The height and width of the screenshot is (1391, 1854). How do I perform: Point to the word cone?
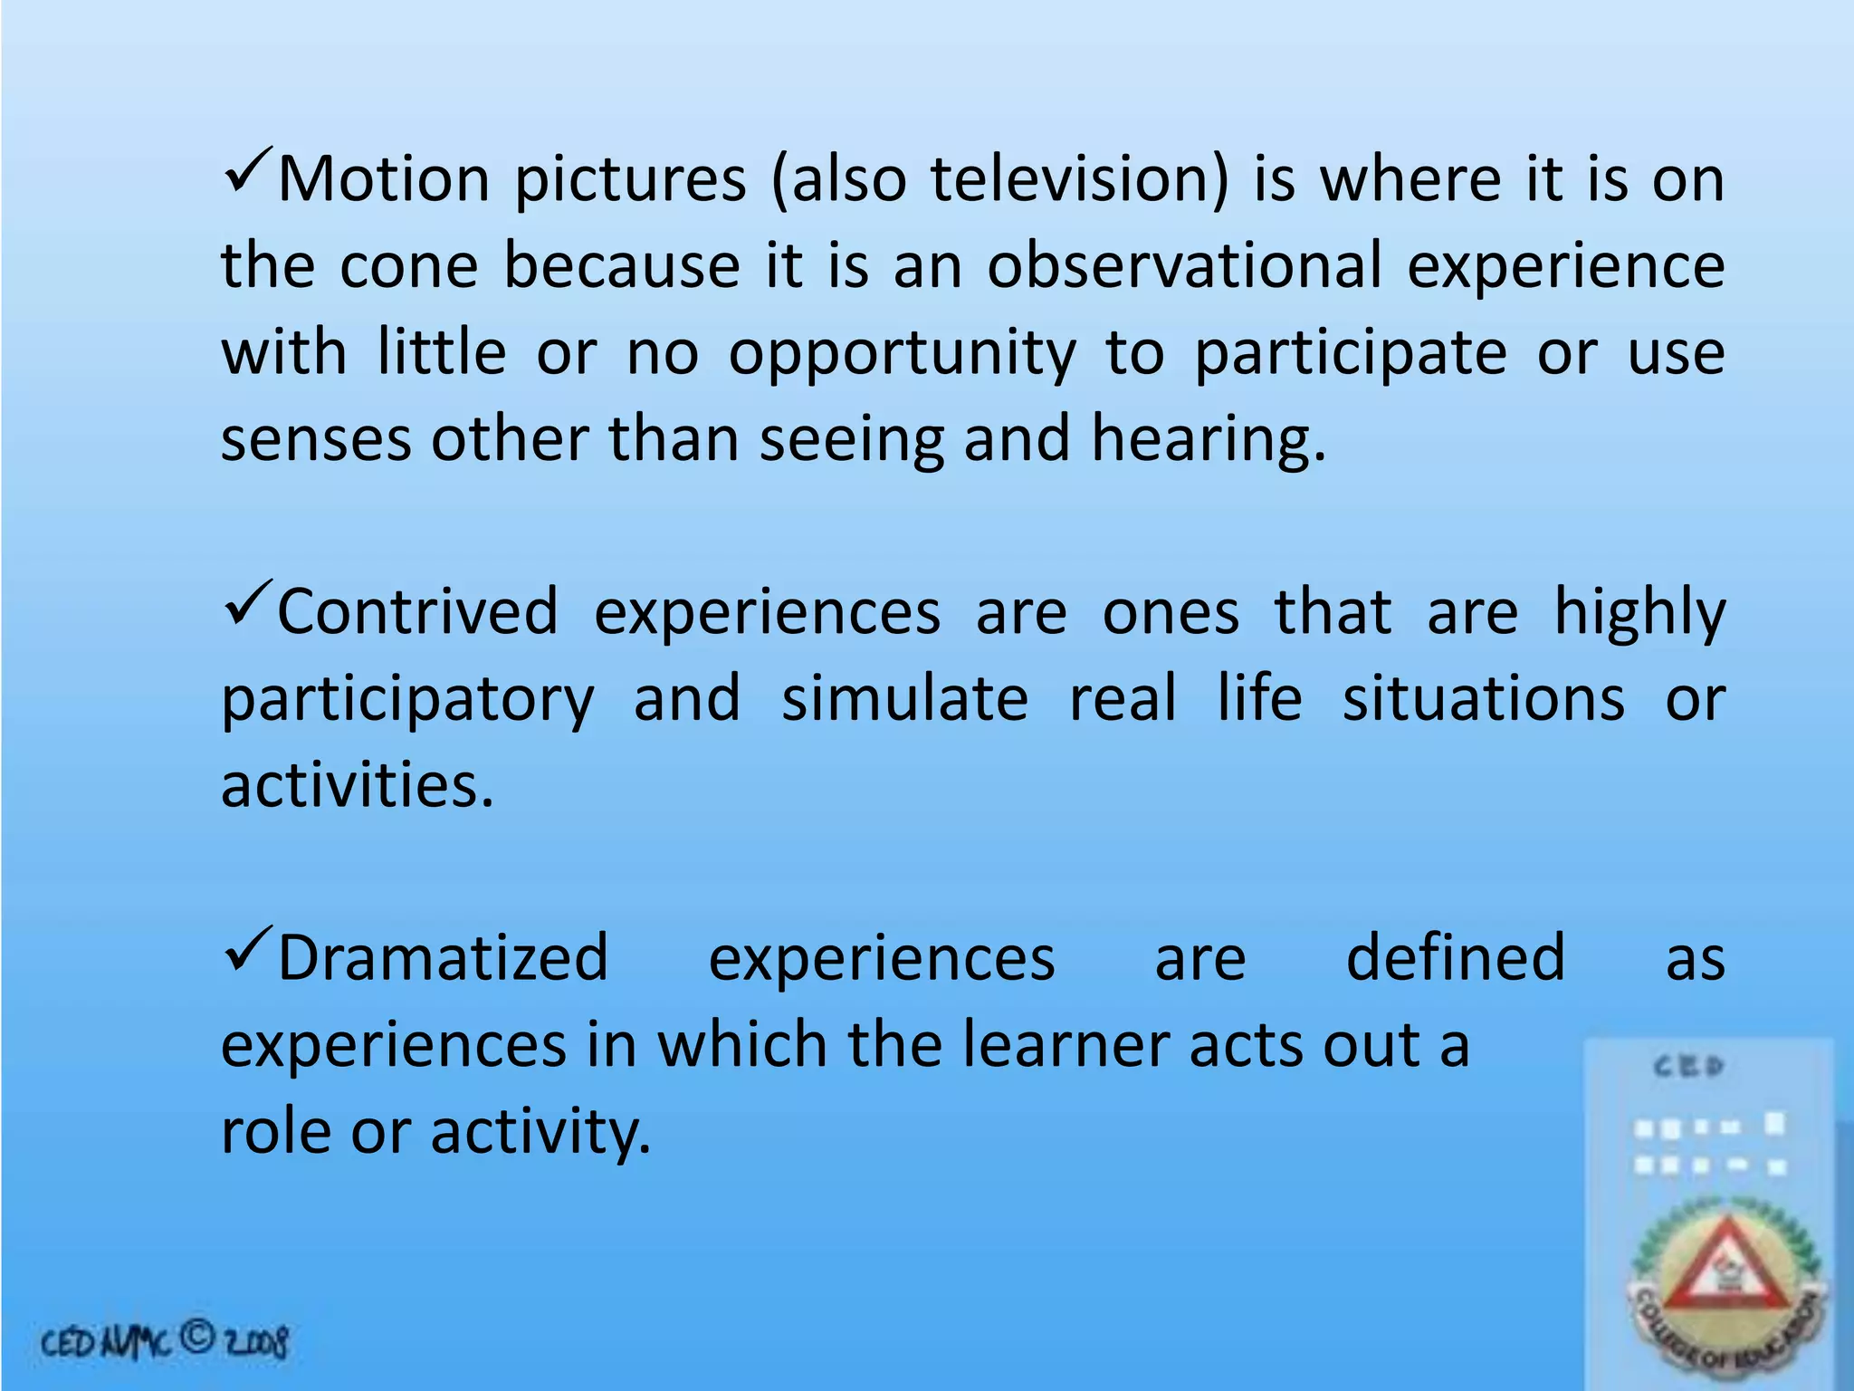(x=409, y=266)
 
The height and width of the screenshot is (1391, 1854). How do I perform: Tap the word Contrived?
(x=417, y=613)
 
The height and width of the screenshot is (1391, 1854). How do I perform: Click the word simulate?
(x=904, y=699)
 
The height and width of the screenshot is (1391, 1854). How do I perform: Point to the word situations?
(x=1483, y=699)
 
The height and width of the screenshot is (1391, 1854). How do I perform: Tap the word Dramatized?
(x=443, y=958)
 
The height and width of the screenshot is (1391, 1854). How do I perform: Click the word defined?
(x=1455, y=958)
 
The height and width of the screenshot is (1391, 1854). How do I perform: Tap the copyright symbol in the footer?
(x=196, y=1338)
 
